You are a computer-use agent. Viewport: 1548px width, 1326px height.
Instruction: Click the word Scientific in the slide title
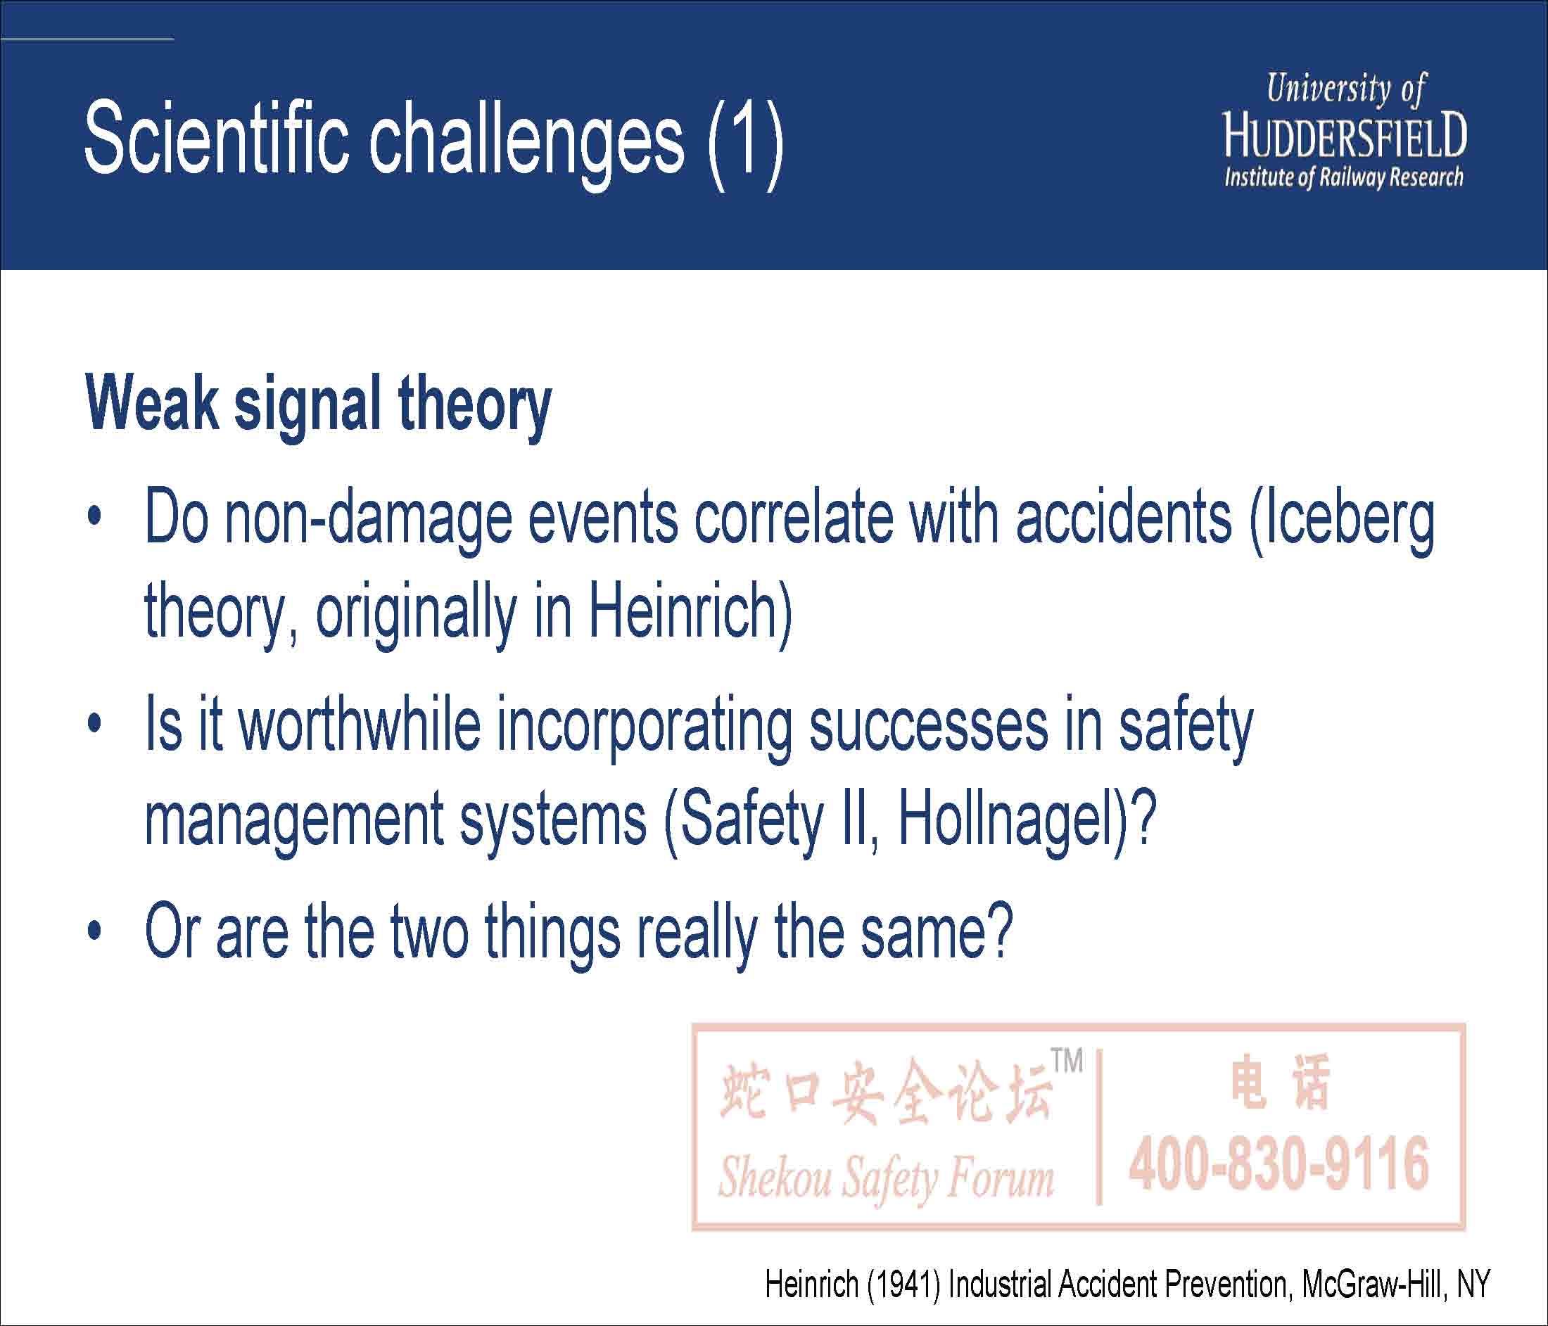(x=217, y=138)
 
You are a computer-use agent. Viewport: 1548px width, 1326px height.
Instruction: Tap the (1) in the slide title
(x=745, y=144)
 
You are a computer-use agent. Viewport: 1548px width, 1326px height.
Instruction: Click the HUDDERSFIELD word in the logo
(x=1345, y=136)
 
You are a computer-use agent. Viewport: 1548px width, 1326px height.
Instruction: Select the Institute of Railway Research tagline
(x=1343, y=178)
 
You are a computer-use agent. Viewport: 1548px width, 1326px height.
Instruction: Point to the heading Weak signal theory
(x=318, y=407)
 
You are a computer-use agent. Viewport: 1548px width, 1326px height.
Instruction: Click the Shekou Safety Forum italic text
(x=886, y=1178)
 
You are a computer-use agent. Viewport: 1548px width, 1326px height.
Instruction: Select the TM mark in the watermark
(x=1067, y=1060)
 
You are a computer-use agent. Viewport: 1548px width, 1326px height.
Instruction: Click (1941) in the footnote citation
(x=904, y=1284)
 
